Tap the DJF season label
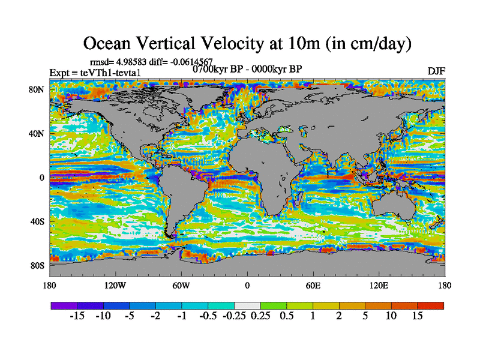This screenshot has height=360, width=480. click(x=436, y=71)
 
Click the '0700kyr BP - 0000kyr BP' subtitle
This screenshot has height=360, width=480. click(x=247, y=68)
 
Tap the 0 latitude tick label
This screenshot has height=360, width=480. click(x=42, y=178)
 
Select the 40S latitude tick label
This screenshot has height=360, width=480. click(x=38, y=221)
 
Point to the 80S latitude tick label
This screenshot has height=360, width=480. click(x=38, y=265)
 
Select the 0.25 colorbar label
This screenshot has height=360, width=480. click(x=260, y=316)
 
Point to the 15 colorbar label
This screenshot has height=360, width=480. click(x=418, y=316)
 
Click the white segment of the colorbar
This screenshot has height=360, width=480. click(x=247, y=305)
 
